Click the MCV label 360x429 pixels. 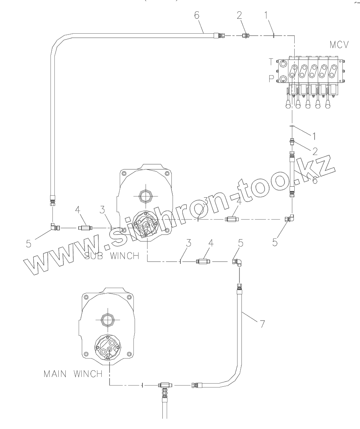338,45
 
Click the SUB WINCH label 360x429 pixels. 112,256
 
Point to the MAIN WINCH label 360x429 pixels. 73,373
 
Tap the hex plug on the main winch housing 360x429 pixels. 107,320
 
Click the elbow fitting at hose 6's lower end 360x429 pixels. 53,227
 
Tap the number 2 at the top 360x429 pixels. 239,15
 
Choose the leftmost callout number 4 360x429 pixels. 78,210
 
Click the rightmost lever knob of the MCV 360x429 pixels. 328,104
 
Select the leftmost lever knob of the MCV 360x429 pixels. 288,104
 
